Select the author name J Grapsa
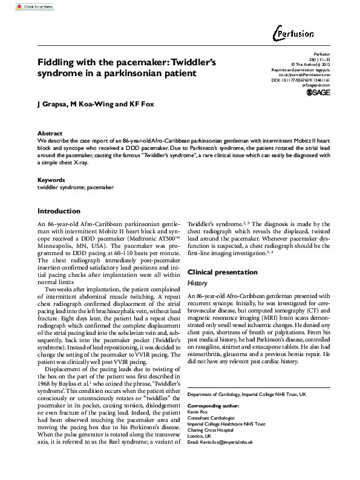53,104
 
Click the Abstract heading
50,133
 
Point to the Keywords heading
51,180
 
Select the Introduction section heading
59,211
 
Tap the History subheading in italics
197,283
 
